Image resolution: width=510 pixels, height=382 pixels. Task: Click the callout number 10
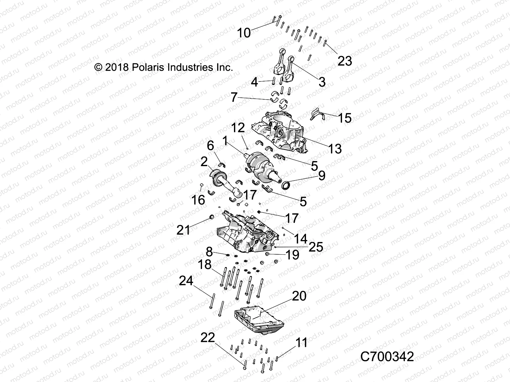[x=244, y=33]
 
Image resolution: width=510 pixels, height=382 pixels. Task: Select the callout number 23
[x=345, y=61]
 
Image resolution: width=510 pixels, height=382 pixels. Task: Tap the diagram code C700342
[x=387, y=357]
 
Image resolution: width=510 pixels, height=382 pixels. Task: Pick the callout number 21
[x=183, y=230]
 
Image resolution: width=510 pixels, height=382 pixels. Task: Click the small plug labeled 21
[x=211, y=217]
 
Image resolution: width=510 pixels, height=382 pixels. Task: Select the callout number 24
[x=186, y=281]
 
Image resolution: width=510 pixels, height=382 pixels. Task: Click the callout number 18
[x=205, y=265]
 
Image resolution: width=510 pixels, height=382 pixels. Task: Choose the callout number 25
[x=316, y=247]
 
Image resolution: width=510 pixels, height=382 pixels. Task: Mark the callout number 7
[x=234, y=97]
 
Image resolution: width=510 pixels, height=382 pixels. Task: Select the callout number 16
[x=198, y=200]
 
